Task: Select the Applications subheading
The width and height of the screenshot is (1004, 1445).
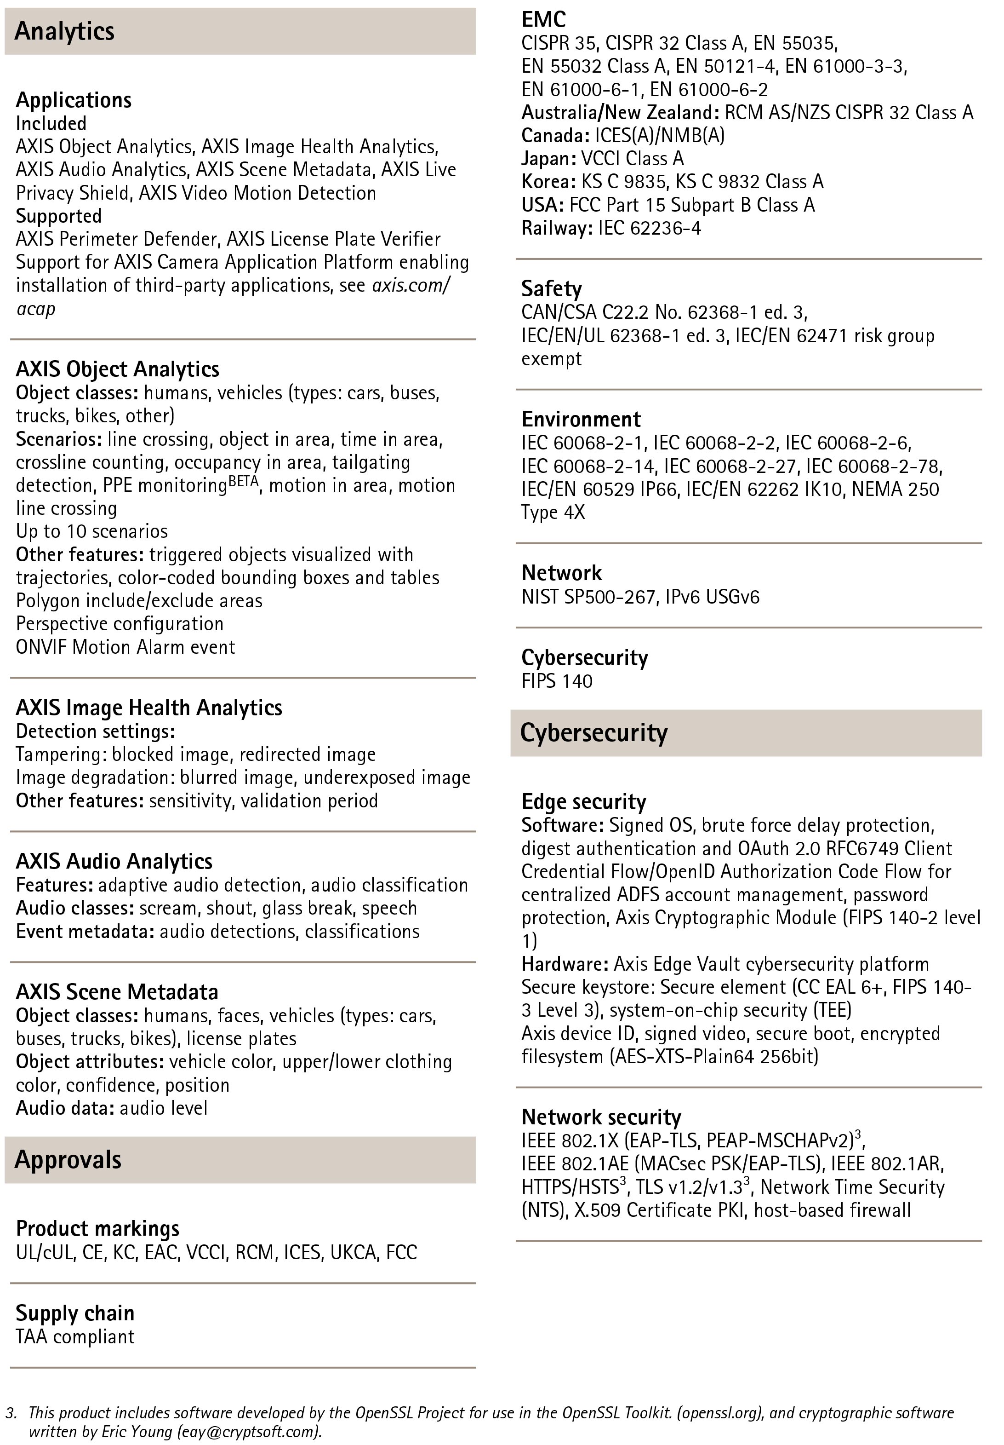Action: click(74, 100)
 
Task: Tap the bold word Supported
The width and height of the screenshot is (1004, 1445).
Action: click(58, 216)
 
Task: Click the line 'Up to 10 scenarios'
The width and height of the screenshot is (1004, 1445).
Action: click(92, 531)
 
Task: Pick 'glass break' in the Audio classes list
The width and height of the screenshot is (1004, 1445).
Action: click(308, 908)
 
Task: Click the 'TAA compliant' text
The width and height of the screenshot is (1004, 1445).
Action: click(75, 1336)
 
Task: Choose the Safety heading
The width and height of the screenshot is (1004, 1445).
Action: click(551, 289)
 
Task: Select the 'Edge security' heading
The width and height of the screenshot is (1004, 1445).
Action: click(584, 802)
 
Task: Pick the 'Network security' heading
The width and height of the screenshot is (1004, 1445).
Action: click(601, 1117)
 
